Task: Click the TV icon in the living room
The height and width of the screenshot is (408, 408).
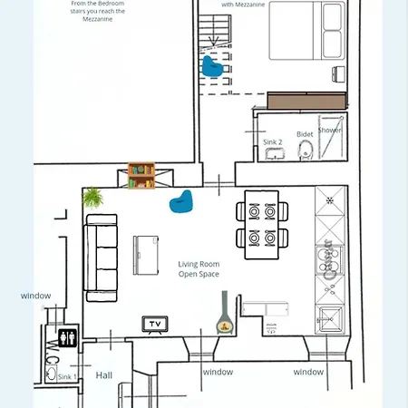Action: click(x=155, y=324)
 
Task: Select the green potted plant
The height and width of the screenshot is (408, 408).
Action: click(x=92, y=197)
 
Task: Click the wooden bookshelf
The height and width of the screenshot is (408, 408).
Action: click(x=141, y=175)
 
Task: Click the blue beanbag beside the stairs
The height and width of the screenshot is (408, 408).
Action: click(x=212, y=66)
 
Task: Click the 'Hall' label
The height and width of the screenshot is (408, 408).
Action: click(x=104, y=374)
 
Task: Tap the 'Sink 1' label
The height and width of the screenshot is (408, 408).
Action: click(x=68, y=375)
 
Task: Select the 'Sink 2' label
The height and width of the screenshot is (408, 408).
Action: click(x=273, y=142)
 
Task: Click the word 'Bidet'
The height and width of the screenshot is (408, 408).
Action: click(x=305, y=134)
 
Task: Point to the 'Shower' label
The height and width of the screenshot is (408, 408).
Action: click(x=330, y=131)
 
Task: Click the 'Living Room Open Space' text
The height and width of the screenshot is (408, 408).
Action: click(x=199, y=268)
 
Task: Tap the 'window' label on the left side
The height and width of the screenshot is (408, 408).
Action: click(x=36, y=296)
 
